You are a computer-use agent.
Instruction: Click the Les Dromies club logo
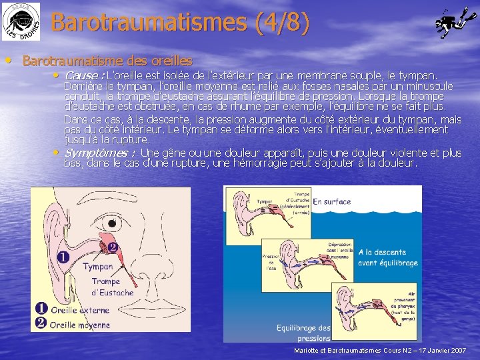pos(20,21)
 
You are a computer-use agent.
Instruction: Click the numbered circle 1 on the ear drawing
pos(62,257)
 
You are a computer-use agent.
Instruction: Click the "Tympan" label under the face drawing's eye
pos(97,267)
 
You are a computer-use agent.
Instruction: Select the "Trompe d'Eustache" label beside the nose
pos(113,287)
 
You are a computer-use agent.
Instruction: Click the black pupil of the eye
pos(117,223)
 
